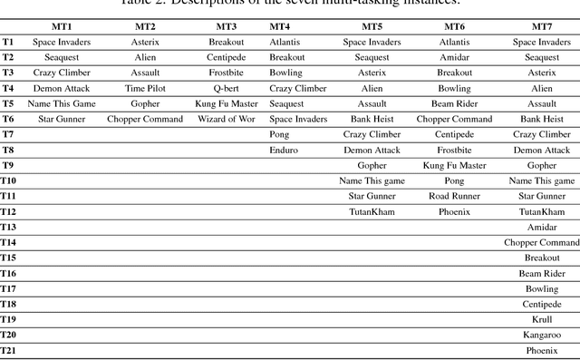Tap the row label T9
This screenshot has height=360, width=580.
coord(8,165)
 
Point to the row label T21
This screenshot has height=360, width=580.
coord(9,350)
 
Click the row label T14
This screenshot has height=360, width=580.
coord(9,242)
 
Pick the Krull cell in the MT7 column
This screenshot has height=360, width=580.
coord(542,319)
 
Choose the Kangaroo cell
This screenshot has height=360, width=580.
coord(542,335)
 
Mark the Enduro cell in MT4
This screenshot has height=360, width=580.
coord(284,150)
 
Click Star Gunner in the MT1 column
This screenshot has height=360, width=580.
coord(56,120)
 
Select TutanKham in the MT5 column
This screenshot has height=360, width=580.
coord(372,211)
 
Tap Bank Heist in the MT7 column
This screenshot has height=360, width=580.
coord(542,120)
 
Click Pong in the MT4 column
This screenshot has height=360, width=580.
coord(280,134)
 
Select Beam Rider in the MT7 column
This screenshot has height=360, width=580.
coord(542,273)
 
